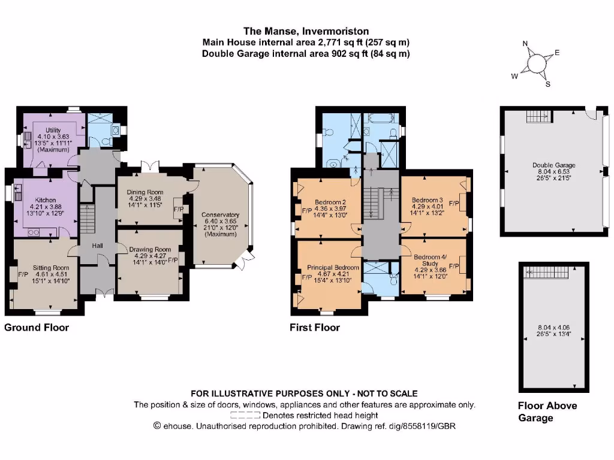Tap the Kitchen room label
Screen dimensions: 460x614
(45, 200)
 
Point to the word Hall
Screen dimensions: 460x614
(98, 246)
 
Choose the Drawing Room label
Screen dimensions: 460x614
(146, 249)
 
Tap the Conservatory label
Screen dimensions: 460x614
(220, 215)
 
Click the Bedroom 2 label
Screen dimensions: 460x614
(331, 202)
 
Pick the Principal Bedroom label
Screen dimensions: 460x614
(333, 267)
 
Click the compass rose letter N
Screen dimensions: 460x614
(525, 44)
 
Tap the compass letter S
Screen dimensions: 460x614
(547, 84)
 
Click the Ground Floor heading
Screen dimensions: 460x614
(37, 328)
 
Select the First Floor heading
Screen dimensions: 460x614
(314, 328)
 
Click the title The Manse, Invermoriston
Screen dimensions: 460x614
(306, 31)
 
